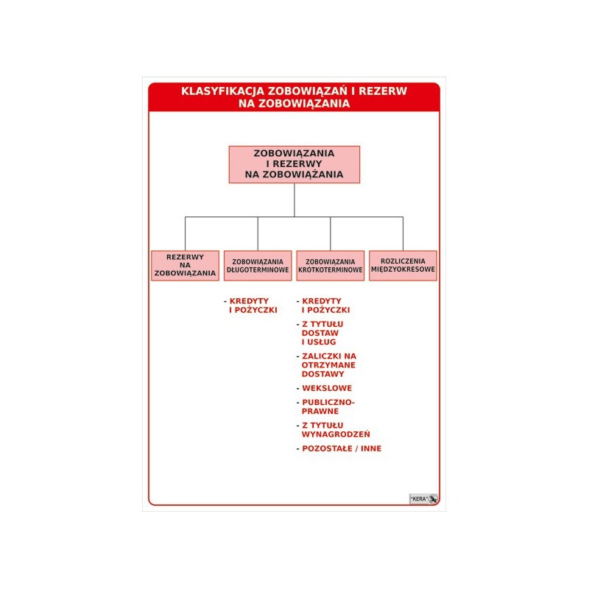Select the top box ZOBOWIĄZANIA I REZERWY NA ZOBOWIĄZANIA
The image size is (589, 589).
[294, 164]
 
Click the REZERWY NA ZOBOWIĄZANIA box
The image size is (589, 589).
[186, 266]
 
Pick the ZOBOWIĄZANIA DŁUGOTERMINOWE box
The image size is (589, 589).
[258, 266]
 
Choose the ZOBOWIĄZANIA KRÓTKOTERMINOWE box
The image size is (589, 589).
[330, 266]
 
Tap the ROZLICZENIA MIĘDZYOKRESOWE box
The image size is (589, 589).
[403, 266]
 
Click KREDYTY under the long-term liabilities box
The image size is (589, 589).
[249, 301]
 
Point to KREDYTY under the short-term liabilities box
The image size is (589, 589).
[322, 301]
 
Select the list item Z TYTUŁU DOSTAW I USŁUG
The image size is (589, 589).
[322, 333]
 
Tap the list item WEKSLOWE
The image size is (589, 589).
[327, 388]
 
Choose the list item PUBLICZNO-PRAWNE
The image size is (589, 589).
[328, 407]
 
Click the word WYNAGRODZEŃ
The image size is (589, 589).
[336, 434]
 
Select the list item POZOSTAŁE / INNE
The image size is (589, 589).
[342, 448]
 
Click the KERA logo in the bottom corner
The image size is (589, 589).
[424, 499]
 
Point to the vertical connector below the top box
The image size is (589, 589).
[294, 200]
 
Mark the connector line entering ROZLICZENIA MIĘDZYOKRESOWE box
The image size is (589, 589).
[403, 233]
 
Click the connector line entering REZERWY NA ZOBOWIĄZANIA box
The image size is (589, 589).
[186, 233]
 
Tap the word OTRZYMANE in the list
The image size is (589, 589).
[328, 365]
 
